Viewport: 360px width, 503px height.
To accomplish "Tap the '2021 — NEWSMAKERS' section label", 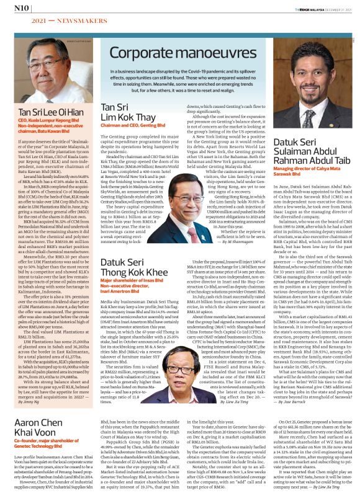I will pos(47,20).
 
